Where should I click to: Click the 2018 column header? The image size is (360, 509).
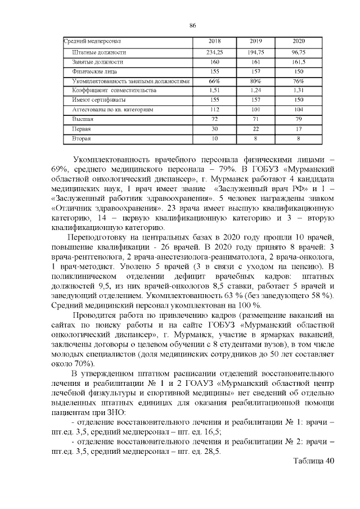[214, 42]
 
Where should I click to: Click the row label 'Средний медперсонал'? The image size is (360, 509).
[93, 42]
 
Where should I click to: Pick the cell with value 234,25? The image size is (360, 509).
[214, 52]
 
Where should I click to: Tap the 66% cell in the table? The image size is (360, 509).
[214, 81]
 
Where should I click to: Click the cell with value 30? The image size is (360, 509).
[214, 129]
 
